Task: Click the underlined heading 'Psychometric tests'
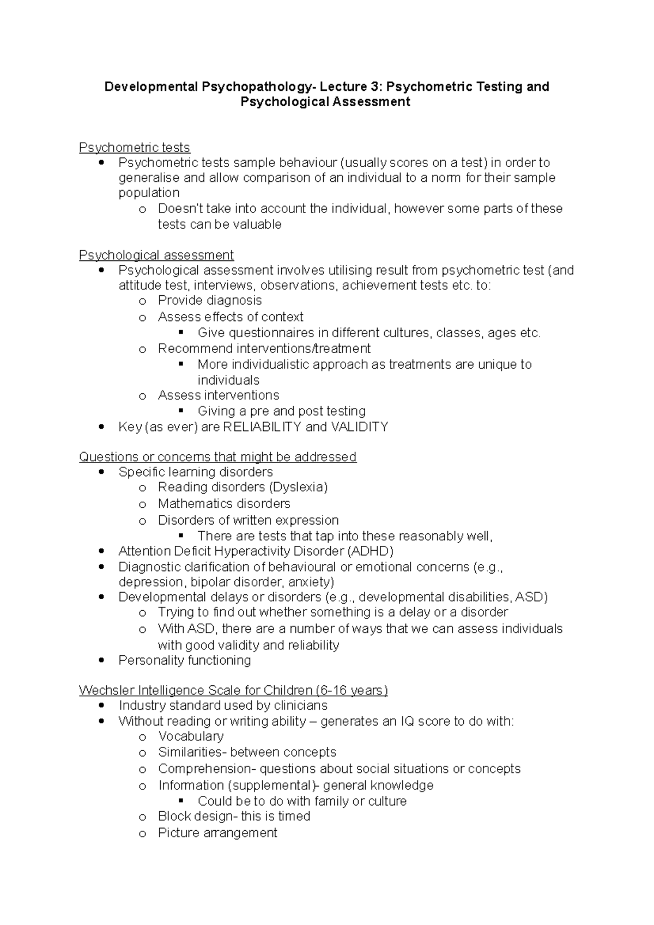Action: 134,148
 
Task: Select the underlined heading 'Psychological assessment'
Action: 156,255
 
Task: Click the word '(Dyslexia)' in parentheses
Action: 299,487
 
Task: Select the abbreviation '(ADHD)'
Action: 370,551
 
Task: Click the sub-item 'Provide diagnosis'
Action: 210,300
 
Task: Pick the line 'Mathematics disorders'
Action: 224,503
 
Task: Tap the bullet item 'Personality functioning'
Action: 185,660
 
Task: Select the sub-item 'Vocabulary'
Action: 191,736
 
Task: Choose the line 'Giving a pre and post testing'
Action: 281,411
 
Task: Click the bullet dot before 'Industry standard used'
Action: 101,705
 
